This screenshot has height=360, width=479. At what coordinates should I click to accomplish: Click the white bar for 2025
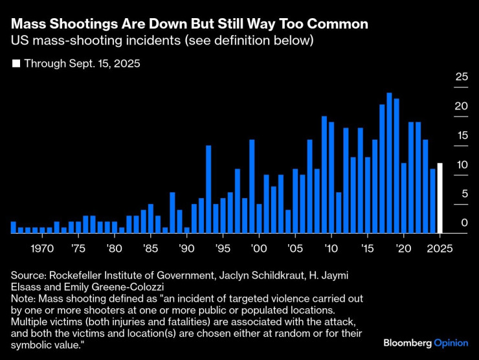pyautogui.click(x=440, y=198)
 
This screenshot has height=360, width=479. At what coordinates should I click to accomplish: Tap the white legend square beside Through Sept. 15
pyautogui.click(x=16, y=64)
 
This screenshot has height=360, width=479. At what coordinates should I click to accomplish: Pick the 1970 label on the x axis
pyautogui.click(x=42, y=248)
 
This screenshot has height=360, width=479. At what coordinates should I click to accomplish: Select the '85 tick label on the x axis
pyautogui.click(x=150, y=248)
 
